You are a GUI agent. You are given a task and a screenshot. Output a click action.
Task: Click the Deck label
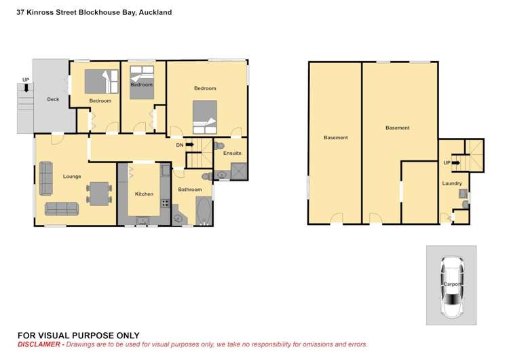(53, 100)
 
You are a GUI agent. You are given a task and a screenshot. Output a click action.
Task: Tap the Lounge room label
(72, 177)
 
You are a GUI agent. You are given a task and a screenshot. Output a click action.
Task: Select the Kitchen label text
(144, 194)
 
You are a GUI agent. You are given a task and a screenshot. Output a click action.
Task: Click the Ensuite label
(232, 154)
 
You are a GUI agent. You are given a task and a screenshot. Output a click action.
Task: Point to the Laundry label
(452, 183)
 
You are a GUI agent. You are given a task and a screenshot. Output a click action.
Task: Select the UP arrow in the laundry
(455, 163)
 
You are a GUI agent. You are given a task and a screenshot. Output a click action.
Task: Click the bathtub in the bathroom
(203, 211)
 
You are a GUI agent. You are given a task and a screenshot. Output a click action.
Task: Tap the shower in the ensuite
(238, 171)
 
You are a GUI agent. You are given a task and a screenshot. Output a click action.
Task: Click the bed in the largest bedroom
(204, 118)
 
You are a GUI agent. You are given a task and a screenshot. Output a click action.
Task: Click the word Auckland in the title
(155, 12)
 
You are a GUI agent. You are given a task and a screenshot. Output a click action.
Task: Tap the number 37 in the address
(21, 12)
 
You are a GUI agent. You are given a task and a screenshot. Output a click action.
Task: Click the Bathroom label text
(190, 190)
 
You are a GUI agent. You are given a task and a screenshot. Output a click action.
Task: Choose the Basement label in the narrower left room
(335, 138)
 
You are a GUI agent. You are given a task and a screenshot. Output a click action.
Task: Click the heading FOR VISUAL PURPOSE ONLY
(78, 335)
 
